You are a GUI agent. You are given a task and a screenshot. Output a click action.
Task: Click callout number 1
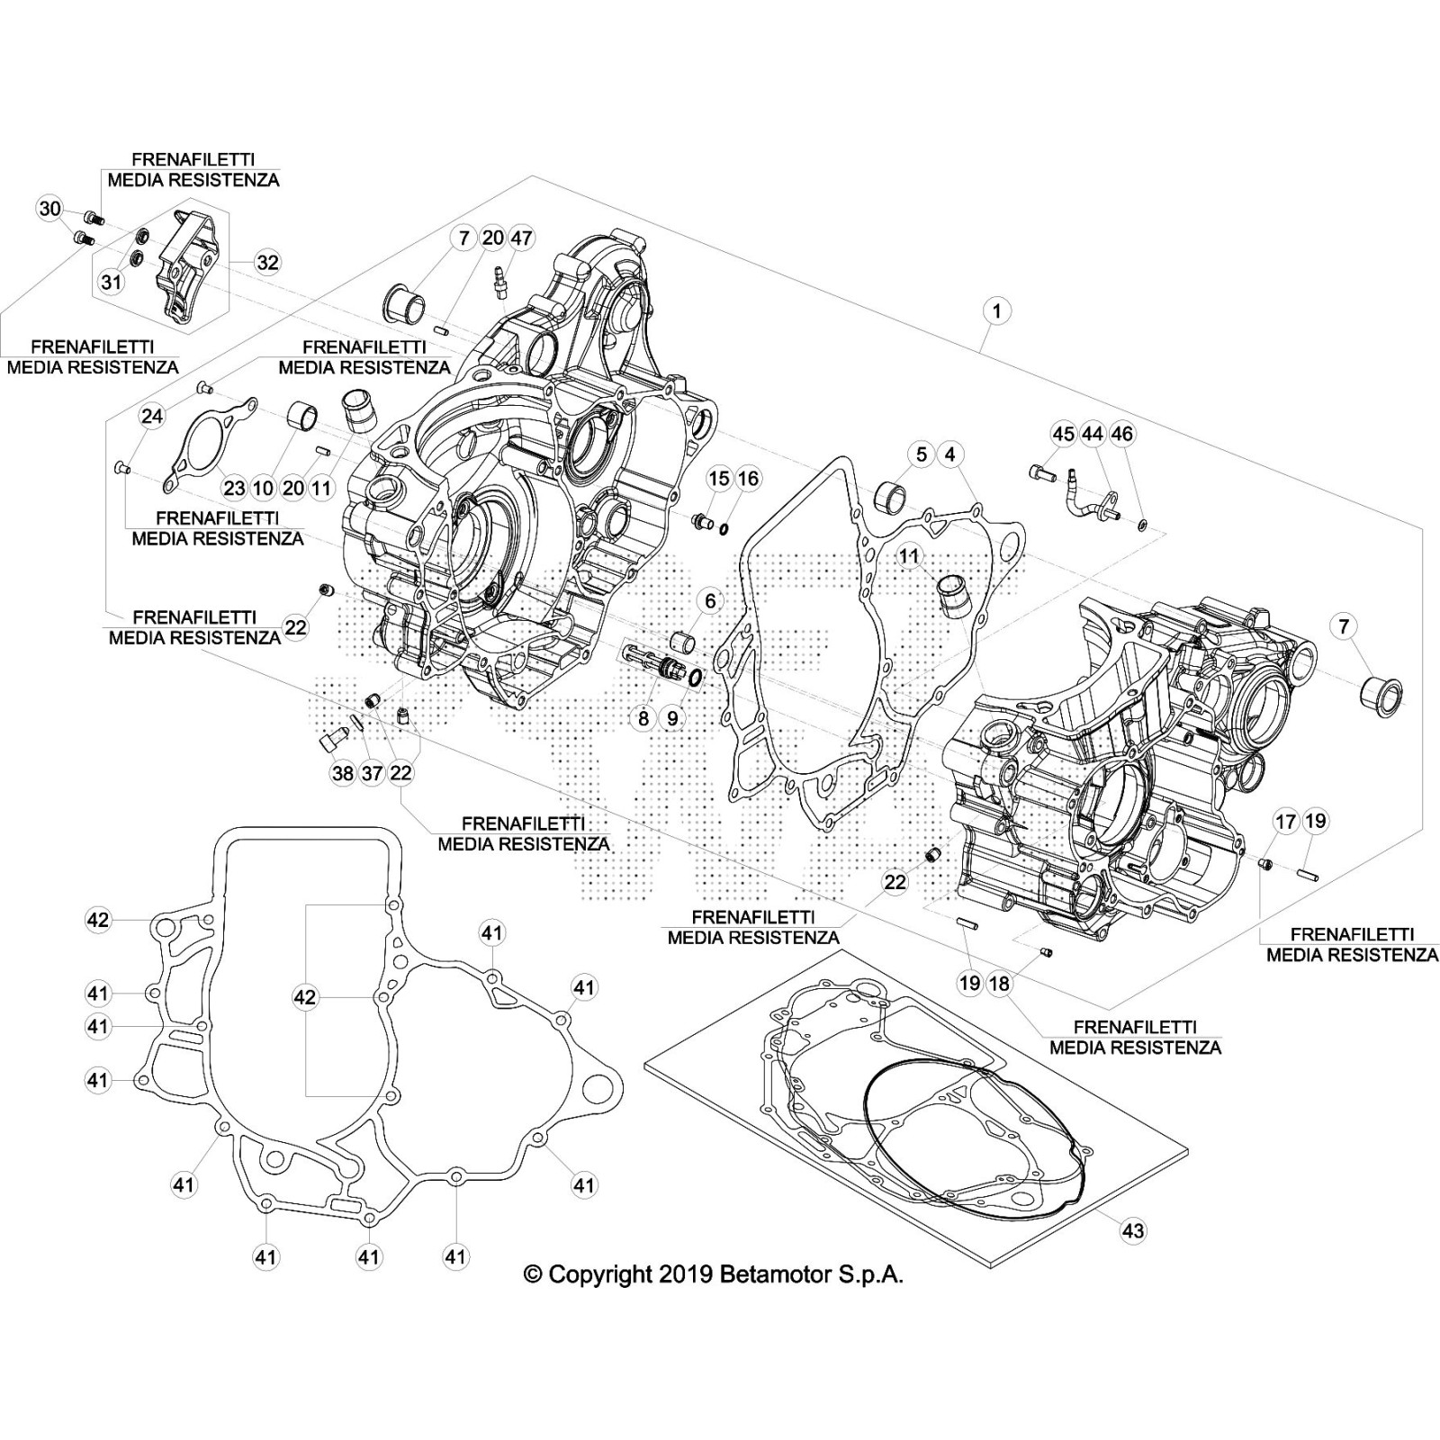pyautogui.click(x=996, y=311)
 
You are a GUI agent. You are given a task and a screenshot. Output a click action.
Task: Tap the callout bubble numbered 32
pyautogui.click(x=267, y=262)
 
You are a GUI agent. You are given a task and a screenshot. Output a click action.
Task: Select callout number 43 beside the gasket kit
pyautogui.click(x=1133, y=1229)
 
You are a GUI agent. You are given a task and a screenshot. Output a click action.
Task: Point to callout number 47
pyautogui.click(x=521, y=238)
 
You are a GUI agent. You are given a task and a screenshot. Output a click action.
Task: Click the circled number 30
pyautogui.click(x=49, y=210)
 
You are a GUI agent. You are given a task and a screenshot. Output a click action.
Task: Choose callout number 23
pyautogui.click(x=234, y=489)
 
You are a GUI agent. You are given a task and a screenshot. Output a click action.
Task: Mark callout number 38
pyautogui.click(x=343, y=773)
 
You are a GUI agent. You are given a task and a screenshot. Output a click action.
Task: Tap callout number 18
pyautogui.click(x=999, y=983)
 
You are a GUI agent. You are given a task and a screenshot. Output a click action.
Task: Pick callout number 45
pyautogui.click(x=1064, y=434)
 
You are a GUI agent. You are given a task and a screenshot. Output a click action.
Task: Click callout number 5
pyautogui.click(x=922, y=454)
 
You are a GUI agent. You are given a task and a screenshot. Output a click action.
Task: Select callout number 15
pyautogui.click(x=718, y=478)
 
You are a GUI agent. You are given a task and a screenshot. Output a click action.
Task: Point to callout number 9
pyautogui.click(x=672, y=718)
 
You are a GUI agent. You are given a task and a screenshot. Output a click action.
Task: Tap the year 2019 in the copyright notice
pyautogui.click(x=686, y=1274)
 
